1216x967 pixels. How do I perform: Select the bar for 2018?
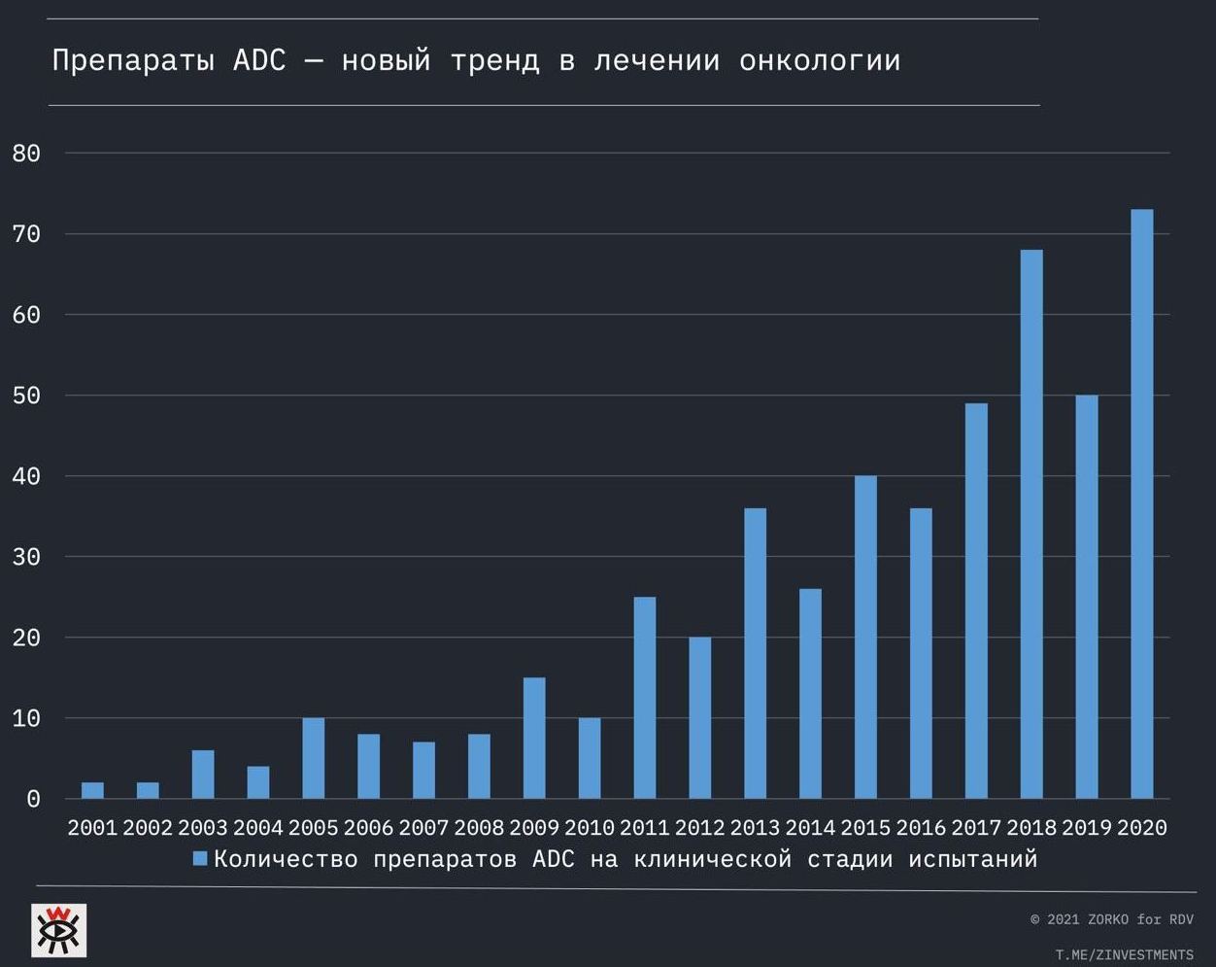click(1031, 524)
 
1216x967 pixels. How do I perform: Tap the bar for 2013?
click(755, 653)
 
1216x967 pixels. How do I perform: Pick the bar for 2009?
click(534, 738)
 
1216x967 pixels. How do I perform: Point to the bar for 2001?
click(92, 790)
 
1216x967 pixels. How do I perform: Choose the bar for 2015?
click(865, 637)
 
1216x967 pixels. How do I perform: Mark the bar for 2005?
click(313, 758)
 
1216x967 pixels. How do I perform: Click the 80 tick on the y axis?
click(26, 154)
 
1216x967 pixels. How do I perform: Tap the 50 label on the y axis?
click(26, 396)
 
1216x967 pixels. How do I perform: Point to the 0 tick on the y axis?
click(33, 799)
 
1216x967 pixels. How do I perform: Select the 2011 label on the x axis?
click(645, 828)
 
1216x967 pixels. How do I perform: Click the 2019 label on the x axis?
click(1087, 828)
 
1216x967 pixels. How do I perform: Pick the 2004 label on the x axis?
click(258, 828)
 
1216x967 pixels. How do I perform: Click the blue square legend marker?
click(201, 858)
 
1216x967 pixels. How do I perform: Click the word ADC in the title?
click(259, 60)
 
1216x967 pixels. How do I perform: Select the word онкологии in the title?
click(820, 60)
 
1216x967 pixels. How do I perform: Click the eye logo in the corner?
click(58, 929)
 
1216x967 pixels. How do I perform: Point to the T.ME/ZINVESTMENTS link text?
click(1124, 954)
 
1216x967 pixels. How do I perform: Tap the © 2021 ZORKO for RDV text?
click(1111, 919)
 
